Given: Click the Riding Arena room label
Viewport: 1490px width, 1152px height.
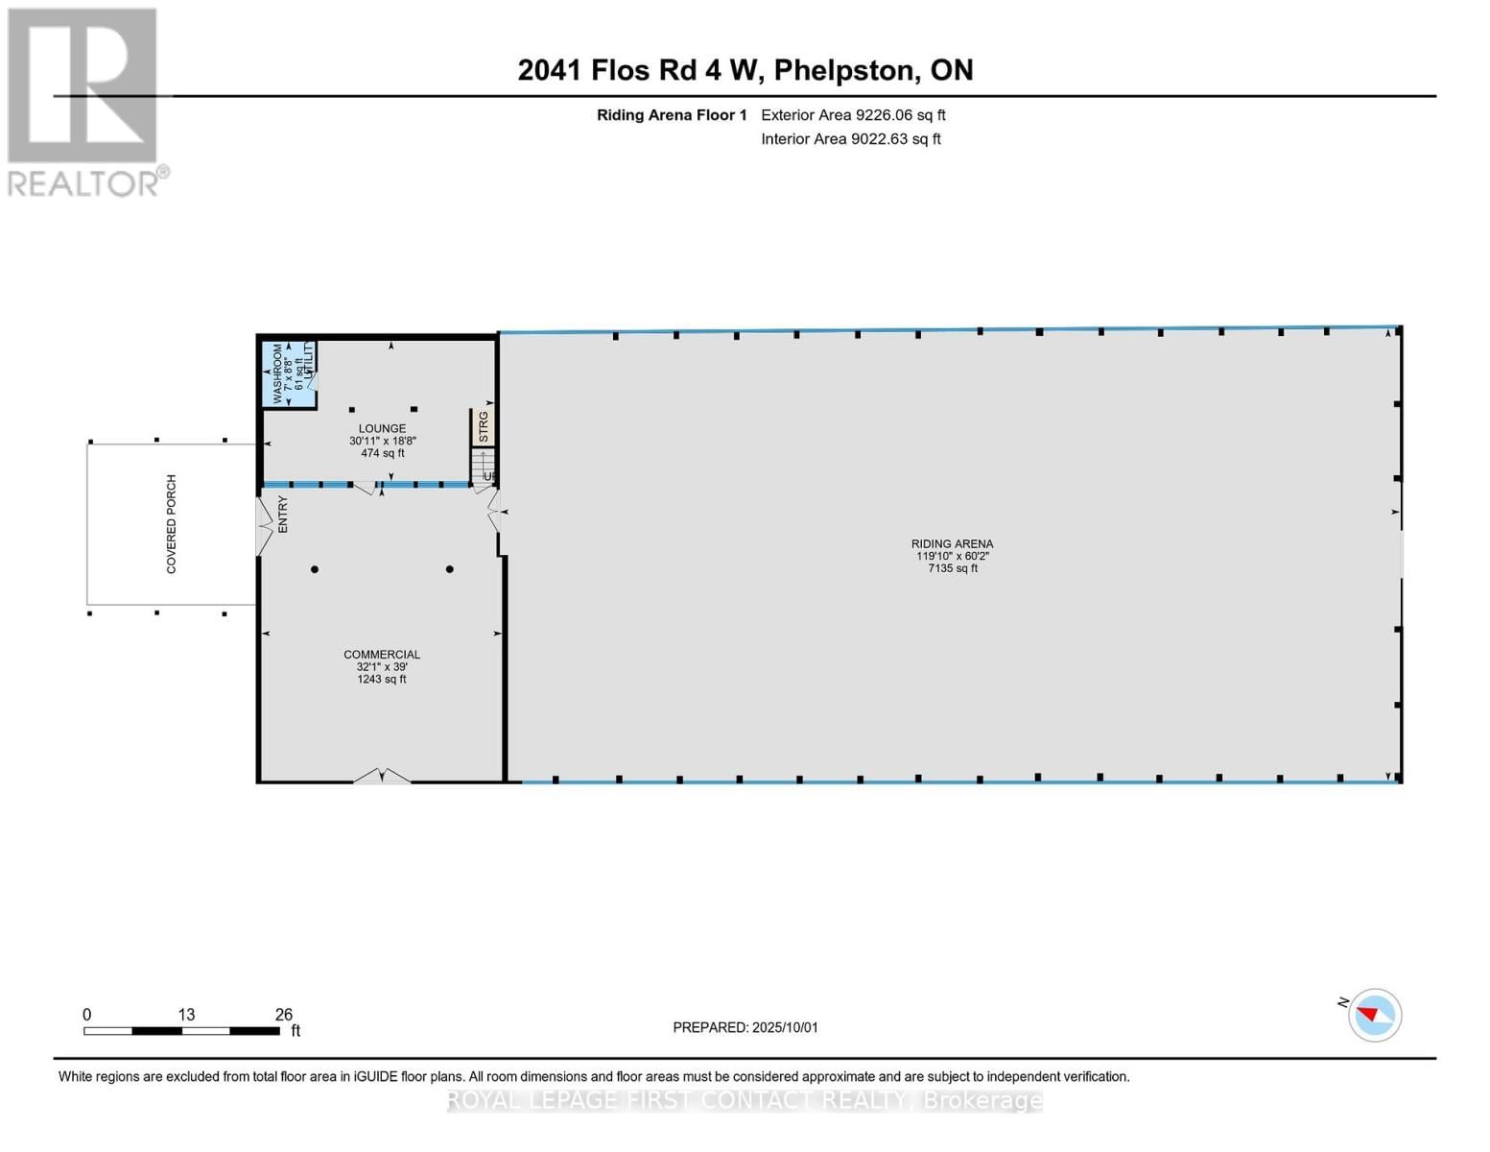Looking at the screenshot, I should coord(952,544).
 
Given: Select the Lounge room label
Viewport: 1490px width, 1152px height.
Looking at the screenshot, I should coord(382,429).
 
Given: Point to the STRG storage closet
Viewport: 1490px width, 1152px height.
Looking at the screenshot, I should coord(483,427).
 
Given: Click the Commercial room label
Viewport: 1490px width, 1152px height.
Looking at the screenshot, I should coord(382,655).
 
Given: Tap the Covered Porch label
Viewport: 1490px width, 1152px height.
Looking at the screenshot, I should coord(172,524).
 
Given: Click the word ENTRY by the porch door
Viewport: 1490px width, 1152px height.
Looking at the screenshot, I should coord(283,515).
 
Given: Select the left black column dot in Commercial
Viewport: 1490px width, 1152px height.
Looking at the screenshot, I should coord(315,570).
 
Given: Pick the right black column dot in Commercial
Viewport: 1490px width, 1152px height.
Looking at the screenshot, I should coord(449,570).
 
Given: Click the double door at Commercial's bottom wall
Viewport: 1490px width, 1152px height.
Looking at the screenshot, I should coord(382,776).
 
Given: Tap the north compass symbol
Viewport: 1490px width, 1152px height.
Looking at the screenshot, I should coord(1375,1015).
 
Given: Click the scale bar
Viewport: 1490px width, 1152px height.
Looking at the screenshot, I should coord(181,1031).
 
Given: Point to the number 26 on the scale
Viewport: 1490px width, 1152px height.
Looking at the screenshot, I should coord(283,1015).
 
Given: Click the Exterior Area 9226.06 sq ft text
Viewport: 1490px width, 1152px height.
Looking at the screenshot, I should coord(853,115).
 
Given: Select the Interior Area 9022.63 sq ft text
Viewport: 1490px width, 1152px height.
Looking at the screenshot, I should coord(851,139).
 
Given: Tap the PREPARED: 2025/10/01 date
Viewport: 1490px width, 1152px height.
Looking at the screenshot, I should coord(745,1027).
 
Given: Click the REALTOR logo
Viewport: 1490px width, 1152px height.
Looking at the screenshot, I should coord(83,101).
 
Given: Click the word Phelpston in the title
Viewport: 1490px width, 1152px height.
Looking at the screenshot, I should coord(844,70).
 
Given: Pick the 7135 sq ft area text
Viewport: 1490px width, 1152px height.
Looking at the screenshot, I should coord(952,568).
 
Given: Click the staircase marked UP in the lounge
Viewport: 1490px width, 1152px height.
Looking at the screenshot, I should coord(482,468).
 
